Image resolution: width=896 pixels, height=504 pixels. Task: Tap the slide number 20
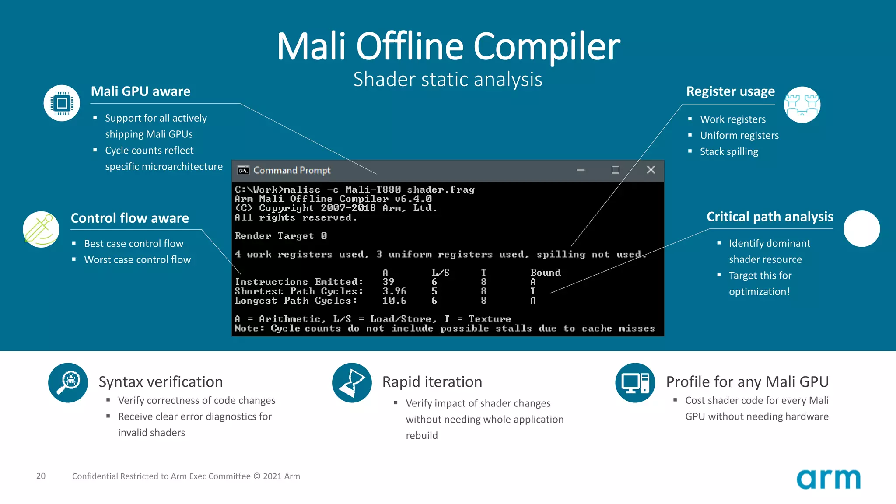click(41, 476)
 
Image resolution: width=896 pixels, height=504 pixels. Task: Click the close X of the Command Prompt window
click(651, 170)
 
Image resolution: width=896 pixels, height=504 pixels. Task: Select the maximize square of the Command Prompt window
click(615, 170)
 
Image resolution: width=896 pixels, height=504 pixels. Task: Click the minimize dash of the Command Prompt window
click(581, 170)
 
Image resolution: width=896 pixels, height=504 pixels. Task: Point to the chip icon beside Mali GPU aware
click(62, 103)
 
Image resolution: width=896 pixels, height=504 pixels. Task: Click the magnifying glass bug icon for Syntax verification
click(68, 382)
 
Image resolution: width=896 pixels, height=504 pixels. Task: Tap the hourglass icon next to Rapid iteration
click(352, 382)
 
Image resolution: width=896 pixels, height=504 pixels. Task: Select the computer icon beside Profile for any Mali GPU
click(635, 382)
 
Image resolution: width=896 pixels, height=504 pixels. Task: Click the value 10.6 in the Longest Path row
click(394, 301)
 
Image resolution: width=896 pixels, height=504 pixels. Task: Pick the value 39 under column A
click(388, 282)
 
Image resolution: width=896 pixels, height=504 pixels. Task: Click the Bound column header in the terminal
click(545, 273)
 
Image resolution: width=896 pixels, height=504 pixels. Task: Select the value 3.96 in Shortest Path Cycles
click(394, 291)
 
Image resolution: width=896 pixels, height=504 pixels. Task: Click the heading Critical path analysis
click(770, 217)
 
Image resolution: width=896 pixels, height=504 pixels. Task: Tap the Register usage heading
click(730, 91)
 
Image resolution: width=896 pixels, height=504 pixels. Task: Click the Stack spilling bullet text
click(729, 152)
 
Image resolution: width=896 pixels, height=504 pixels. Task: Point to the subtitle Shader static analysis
click(448, 80)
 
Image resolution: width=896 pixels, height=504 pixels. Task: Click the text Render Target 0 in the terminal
click(280, 236)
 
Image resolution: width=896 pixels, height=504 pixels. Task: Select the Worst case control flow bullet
click(137, 260)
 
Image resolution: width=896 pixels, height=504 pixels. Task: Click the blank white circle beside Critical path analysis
click(861, 229)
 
